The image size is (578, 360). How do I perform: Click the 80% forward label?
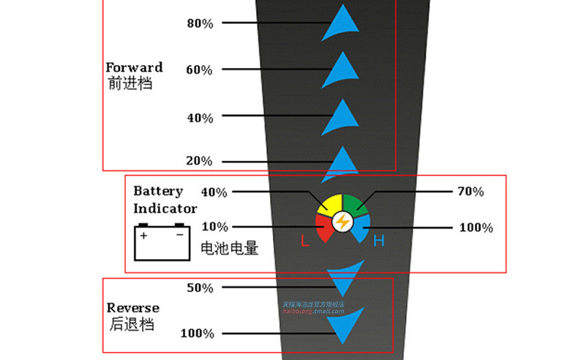click(200, 23)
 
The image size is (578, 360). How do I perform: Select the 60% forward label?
click(200, 70)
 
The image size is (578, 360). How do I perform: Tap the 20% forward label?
click(200, 161)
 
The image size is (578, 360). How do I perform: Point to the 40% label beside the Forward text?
click(200, 117)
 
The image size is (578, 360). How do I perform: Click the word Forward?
click(134, 67)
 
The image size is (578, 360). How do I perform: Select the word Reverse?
click(132, 307)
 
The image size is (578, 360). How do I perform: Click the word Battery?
click(158, 191)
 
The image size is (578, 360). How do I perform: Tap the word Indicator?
click(165, 209)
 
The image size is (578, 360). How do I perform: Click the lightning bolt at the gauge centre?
click(342, 222)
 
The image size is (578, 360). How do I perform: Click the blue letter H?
click(378, 241)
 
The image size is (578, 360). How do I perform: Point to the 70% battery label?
click(471, 192)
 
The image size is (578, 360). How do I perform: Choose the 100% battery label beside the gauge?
click(476, 228)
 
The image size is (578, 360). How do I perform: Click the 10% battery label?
click(214, 227)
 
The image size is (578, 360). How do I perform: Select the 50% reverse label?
click(200, 288)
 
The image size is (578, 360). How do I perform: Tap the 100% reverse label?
click(197, 334)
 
